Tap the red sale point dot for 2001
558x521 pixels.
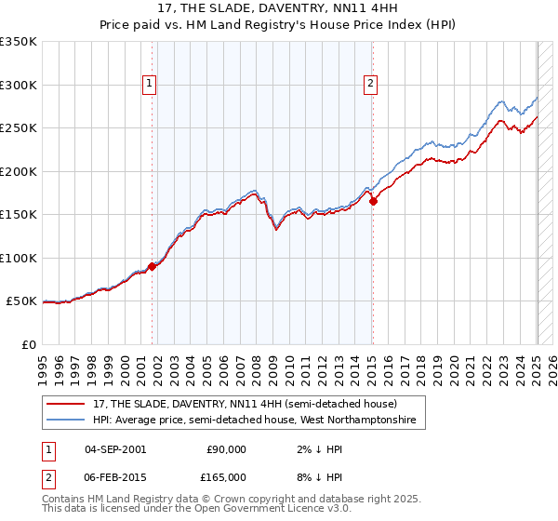152,266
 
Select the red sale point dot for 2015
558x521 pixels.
373,200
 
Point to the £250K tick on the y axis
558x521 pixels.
19,128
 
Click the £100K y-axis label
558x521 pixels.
19,258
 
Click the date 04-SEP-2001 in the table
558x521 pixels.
115,449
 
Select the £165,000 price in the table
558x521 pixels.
226,476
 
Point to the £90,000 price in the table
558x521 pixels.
226,449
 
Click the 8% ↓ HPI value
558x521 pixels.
316,476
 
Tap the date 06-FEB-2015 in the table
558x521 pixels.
115,476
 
